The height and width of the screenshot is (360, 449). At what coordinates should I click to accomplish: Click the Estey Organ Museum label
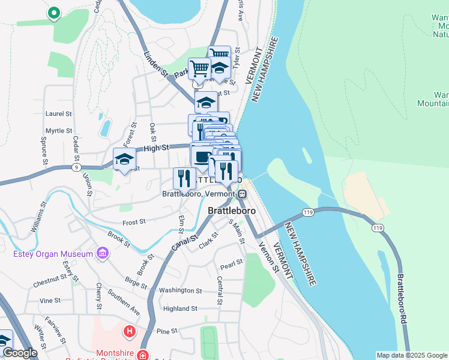[53, 254]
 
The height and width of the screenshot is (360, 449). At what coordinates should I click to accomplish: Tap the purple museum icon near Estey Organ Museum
[102, 254]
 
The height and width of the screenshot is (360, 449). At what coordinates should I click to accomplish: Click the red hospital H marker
[129, 331]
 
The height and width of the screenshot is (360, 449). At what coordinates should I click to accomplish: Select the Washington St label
[181, 290]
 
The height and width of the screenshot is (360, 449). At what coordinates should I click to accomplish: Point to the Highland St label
[180, 309]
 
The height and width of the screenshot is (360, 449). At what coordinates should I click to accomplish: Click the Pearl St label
[231, 263]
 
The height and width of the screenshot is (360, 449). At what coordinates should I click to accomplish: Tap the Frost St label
[134, 222]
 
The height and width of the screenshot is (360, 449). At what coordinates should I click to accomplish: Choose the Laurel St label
[58, 113]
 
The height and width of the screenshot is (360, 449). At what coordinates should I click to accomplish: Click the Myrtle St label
[58, 130]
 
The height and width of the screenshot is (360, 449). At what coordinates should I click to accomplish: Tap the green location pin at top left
[54, 13]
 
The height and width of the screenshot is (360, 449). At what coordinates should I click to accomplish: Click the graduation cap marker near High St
[124, 160]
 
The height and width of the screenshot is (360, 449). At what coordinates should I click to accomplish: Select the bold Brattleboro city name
[232, 211]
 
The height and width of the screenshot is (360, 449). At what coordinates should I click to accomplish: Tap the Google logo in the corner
[20, 353]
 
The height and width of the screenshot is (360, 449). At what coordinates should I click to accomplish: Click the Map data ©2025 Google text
[411, 355]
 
